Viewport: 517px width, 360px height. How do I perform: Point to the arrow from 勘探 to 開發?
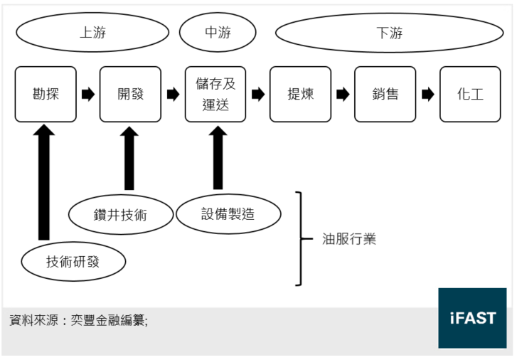pos(88,95)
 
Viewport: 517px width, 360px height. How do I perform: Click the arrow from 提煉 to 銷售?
pos(343,95)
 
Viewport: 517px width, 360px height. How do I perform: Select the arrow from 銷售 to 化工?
pos(428,95)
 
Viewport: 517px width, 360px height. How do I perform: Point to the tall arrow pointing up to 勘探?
pos(44,182)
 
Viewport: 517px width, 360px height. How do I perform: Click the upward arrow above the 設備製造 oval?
pos(218,158)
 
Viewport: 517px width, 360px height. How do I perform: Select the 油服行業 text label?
pos(349,239)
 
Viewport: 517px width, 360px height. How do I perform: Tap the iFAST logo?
pos(472,318)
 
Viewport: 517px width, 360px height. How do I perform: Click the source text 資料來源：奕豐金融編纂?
pos(78,320)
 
